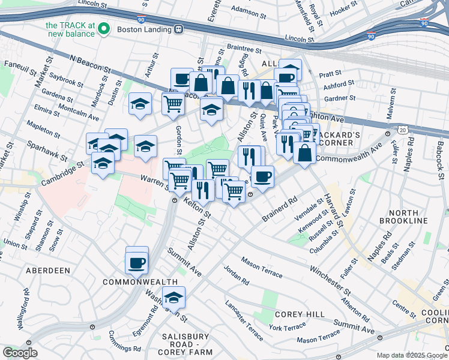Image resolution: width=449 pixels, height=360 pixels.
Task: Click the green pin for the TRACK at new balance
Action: click(104, 28)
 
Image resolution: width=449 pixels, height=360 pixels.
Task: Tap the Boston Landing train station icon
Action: click(178, 29)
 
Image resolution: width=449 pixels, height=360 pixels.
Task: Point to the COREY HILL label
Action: click(300, 314)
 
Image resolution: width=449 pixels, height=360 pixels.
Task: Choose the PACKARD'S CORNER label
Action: click(338, 139)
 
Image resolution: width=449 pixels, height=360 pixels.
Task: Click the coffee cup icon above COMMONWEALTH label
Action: click(137, 262)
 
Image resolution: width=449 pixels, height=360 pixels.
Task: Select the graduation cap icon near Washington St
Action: click(173, 297)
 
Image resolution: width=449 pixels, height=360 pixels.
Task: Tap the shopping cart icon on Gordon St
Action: click(173, 103)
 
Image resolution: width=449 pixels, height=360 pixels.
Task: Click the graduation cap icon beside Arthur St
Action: click(140, 103)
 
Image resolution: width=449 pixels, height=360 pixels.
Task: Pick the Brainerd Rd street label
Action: click(280, 211)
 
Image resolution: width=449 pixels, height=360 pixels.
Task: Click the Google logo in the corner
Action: click(20, 353)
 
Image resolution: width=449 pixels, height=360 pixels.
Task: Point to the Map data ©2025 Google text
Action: click(411, 355)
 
